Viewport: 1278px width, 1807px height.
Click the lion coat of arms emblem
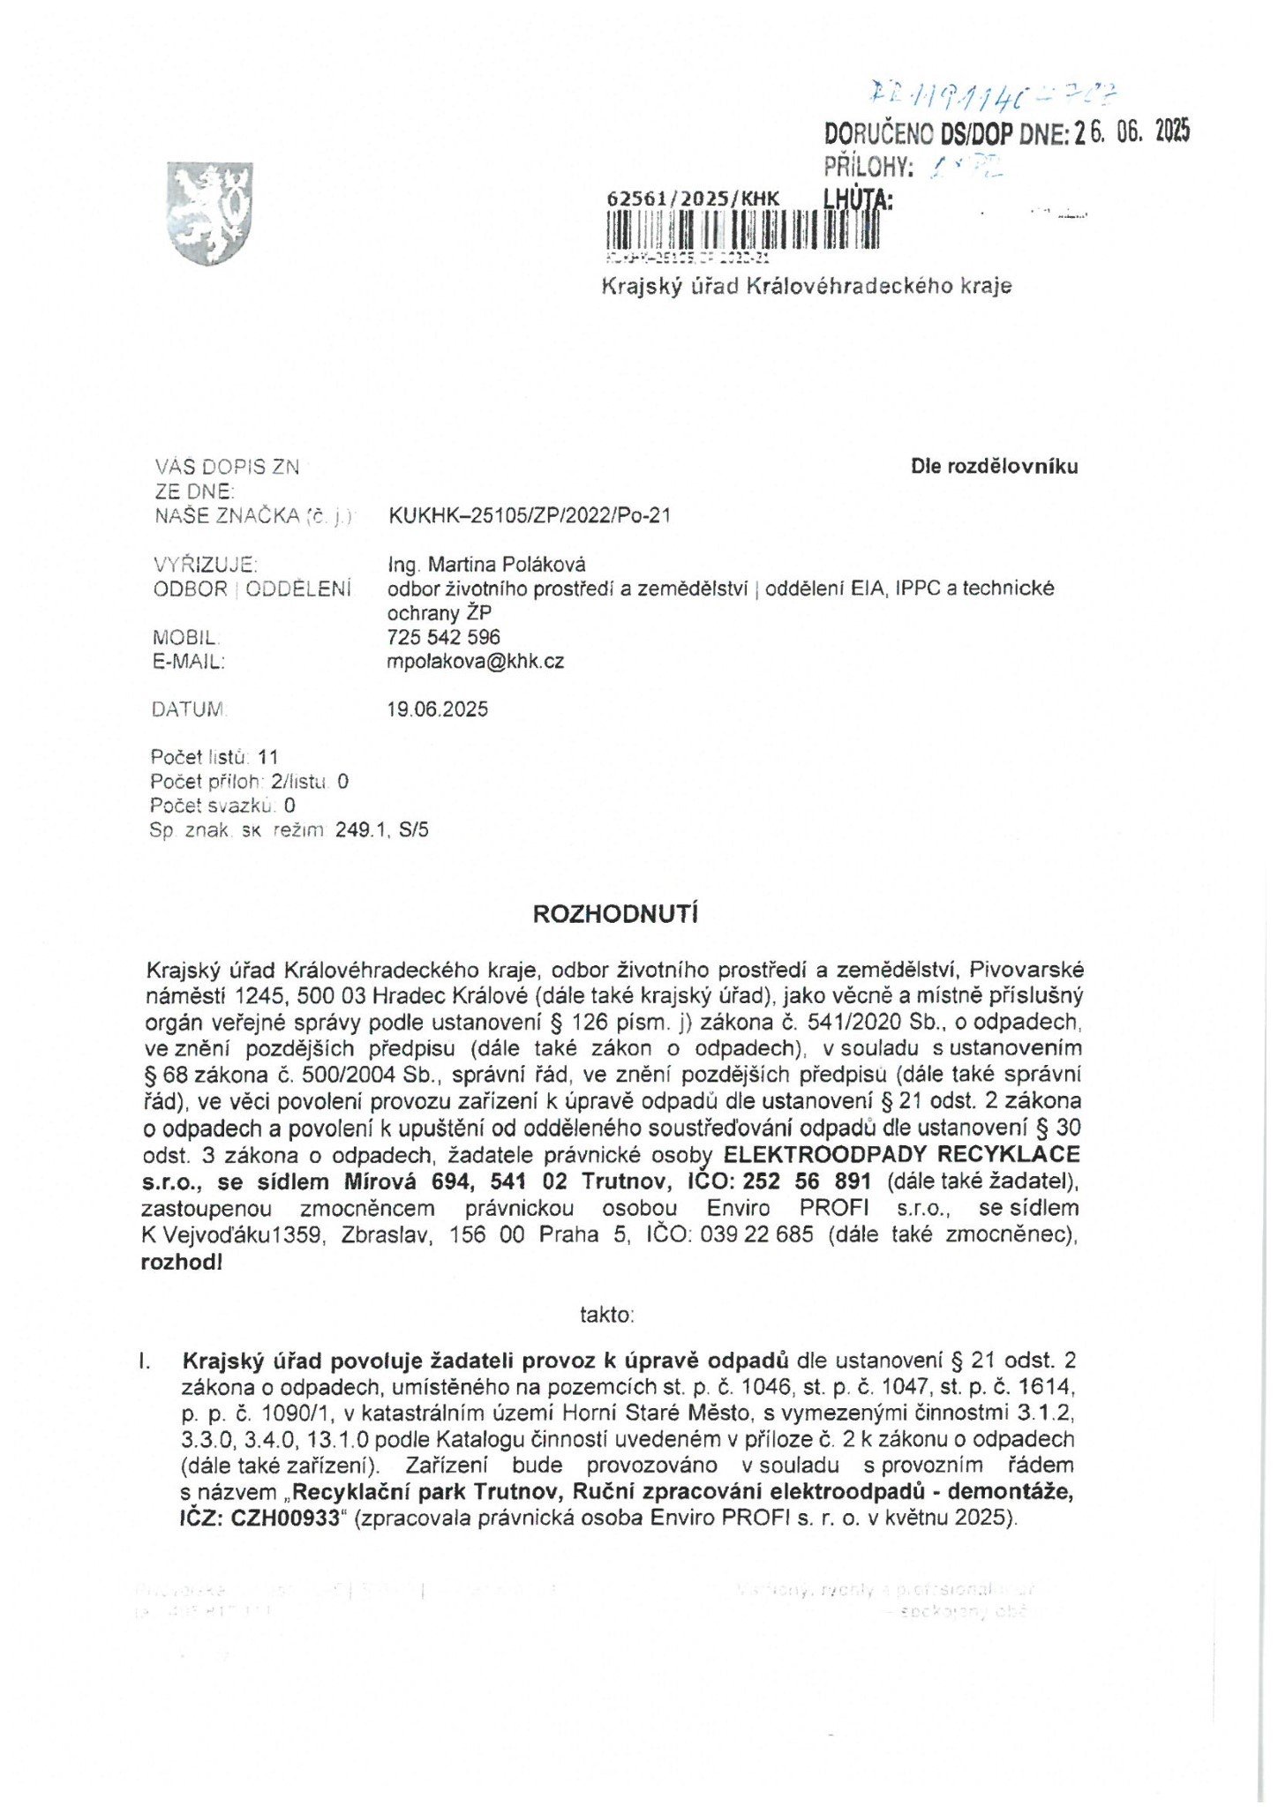pyautogui.click(x=210, y=213)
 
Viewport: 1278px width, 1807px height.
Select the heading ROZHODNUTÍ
pyautogui.click(x=615, y=914)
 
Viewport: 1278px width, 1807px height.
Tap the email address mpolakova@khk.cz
pyautogui.click(x=476, y=661)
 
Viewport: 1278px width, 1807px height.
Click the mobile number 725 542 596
pyautogui.click(x=444, y=636)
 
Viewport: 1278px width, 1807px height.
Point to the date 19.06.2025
pyautogui.click(x=438, y=709)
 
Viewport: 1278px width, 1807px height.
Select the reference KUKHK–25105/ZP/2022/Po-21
pyautogui.click(x=530, y=515)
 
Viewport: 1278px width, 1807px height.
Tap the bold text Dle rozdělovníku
pyautogui.click(x=995, y=466)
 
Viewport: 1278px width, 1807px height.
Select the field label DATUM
pyautogui.click(x=189, y=709)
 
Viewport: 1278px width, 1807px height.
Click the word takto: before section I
pyautogui.click(x=607, y=1315)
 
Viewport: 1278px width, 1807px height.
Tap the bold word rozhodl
pyautogui.click(x=182, y=1262)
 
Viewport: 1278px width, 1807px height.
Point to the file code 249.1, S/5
pyautogui.click(x=382, y=829)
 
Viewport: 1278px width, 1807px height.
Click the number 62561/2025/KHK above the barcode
pyautogui.click(x=694, y=199)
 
